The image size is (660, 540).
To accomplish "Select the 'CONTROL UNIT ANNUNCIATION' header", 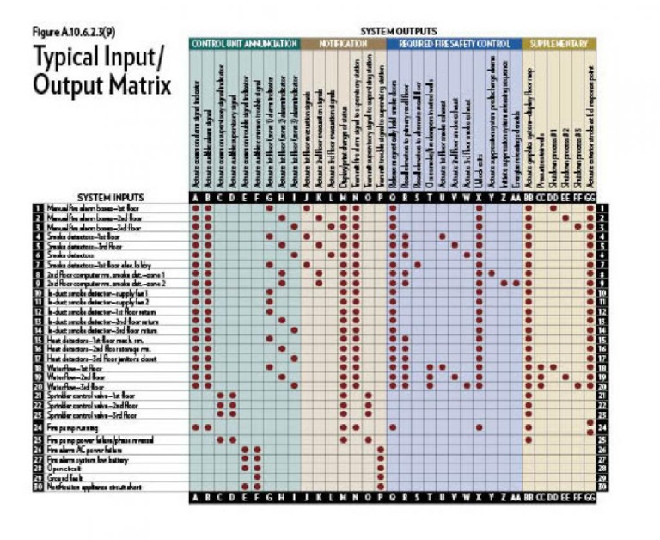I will point(244,42).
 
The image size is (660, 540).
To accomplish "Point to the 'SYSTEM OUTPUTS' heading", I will point(398,31).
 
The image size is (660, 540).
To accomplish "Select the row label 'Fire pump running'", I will point(78,426).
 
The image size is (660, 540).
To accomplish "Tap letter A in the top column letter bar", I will point(196,198).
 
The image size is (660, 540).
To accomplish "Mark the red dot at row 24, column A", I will point(196,426).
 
